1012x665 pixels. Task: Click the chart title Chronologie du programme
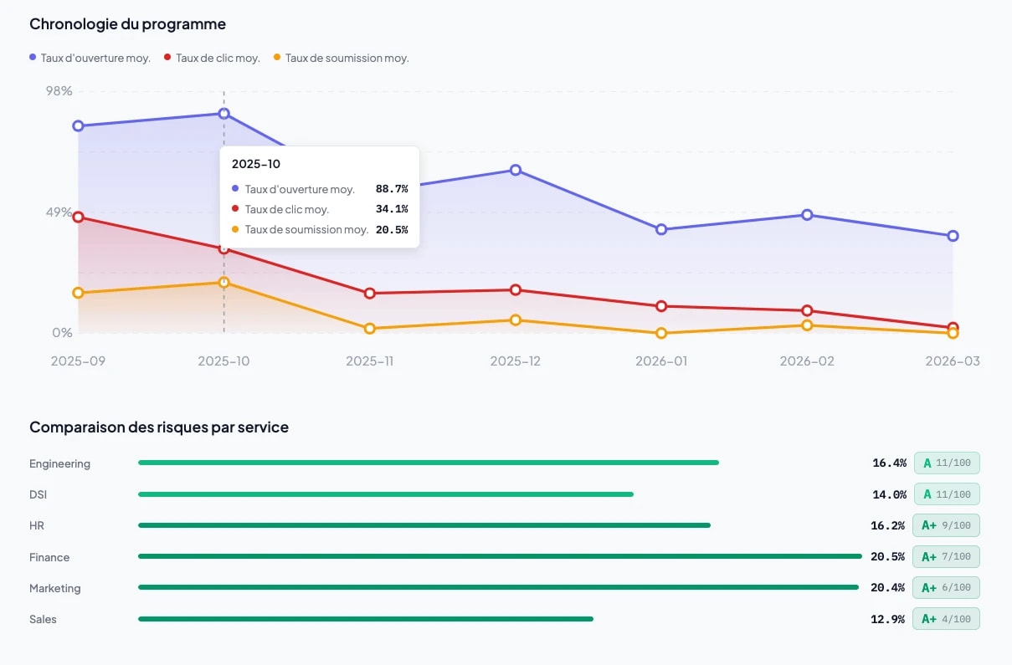click(127, 24)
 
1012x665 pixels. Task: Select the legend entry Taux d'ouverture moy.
click(90, 58)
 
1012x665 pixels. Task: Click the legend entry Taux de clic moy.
click(213, 58)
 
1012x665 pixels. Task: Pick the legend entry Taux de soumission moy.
click(341, 58)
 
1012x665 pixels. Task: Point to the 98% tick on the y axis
click(59, 90)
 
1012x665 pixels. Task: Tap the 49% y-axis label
click(59, 212)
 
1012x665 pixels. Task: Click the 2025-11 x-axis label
click(369, 361)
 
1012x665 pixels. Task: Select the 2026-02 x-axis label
click(807, 361)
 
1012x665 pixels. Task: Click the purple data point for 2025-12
click(516, 170)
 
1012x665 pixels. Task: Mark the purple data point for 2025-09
click(78, 126)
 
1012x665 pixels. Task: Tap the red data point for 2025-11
click(369, 294)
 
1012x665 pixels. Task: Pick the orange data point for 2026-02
click(807, 325)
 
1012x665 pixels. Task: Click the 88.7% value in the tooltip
click(391, 189)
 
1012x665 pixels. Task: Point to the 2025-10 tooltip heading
click(256, 164)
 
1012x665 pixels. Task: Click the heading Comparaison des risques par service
click(159, 427)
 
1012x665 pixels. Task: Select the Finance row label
click(49, 557)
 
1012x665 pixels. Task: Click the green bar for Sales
click(365, 619)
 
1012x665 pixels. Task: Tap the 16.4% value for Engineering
click(889, 463)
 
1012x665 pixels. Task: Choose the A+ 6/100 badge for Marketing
click(946, 588)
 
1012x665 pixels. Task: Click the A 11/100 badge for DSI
click(946, 494)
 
